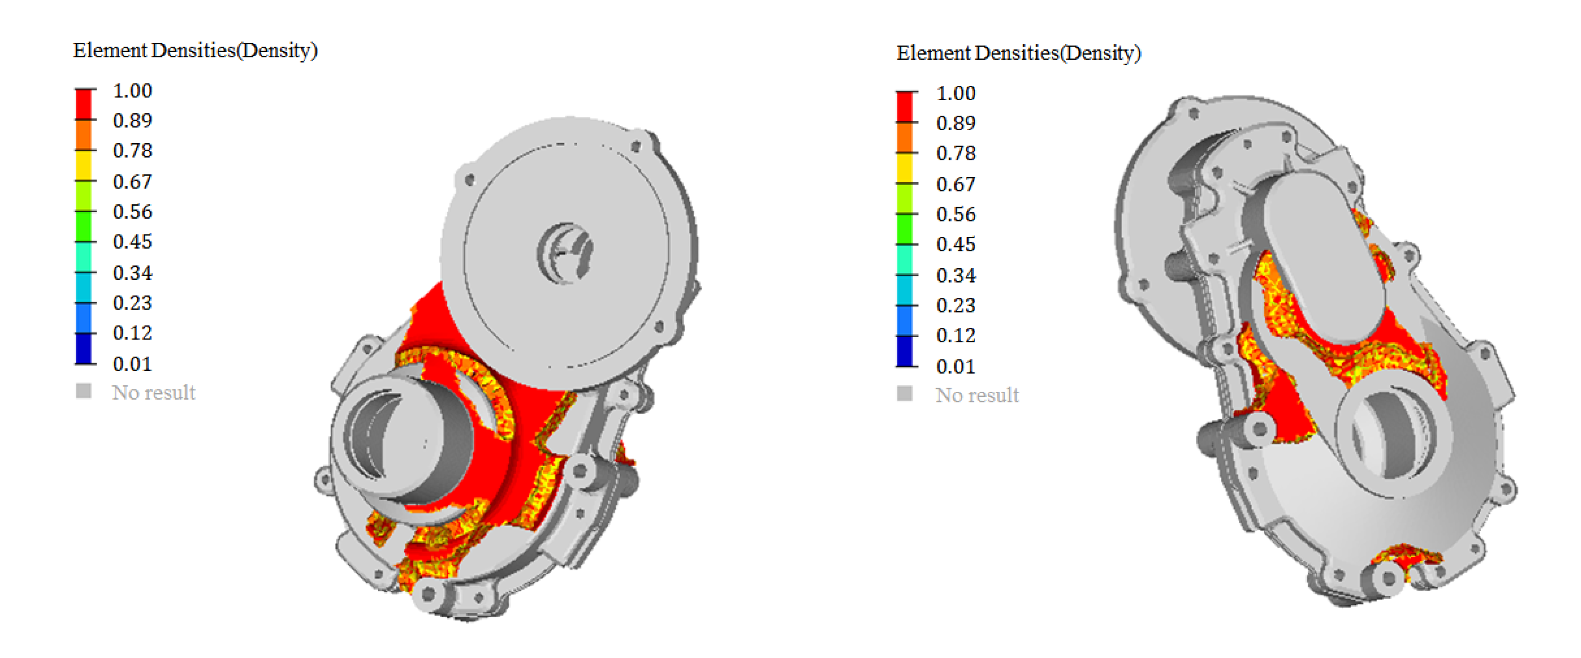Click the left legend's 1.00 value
132,91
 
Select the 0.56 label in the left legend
132,212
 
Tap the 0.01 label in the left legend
132,364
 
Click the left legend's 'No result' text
153,392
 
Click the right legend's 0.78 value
956,153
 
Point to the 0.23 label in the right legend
956,305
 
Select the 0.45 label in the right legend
956,244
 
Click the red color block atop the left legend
83,104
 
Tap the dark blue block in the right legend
905,352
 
